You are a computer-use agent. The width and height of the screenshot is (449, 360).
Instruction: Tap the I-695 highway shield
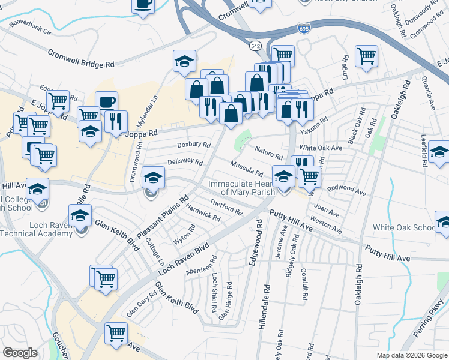[304, 28]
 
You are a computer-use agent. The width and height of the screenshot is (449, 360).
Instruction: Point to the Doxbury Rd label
[194, 145]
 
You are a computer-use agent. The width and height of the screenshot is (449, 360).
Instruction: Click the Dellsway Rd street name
[185, 162]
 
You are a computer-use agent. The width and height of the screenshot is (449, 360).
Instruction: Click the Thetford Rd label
[225, 207]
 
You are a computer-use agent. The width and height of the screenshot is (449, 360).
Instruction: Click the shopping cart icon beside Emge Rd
[366, 56]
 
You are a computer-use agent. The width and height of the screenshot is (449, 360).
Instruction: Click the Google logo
[20, 353]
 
